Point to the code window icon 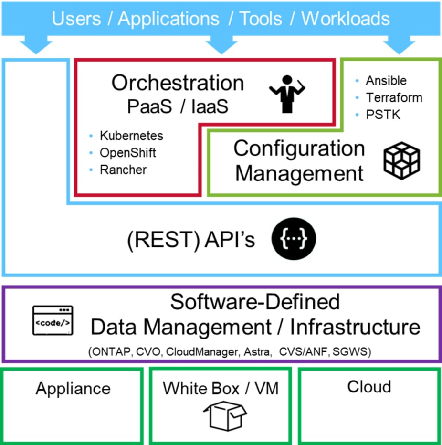53,320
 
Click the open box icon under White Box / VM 225,415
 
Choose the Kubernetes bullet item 131,136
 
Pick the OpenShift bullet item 127,153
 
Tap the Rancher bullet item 123,170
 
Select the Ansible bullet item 386,80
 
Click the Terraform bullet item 394,97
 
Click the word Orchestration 178,83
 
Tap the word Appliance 73,389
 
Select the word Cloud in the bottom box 369,386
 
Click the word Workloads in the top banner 346,19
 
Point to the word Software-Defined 255,302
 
